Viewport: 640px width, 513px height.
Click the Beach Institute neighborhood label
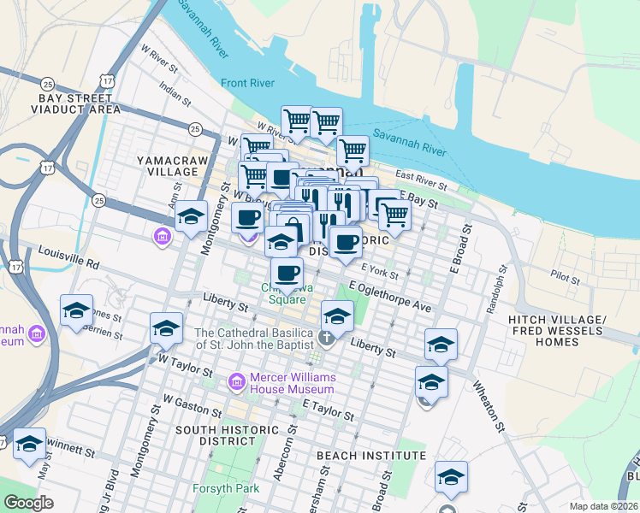pyautogui.click(x=370, y=456)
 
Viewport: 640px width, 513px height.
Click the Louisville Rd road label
pyautogui.click(x=68, y=255)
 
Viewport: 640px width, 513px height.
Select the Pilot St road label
pyautogui.click(x=565, y=276)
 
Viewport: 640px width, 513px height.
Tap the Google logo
pyautogui.click(x=29, y=503)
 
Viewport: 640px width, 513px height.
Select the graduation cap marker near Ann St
pyautogui.click(x=192, y=216)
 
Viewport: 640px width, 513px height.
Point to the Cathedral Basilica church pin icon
pyautogui.click(x=327, y=337)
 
